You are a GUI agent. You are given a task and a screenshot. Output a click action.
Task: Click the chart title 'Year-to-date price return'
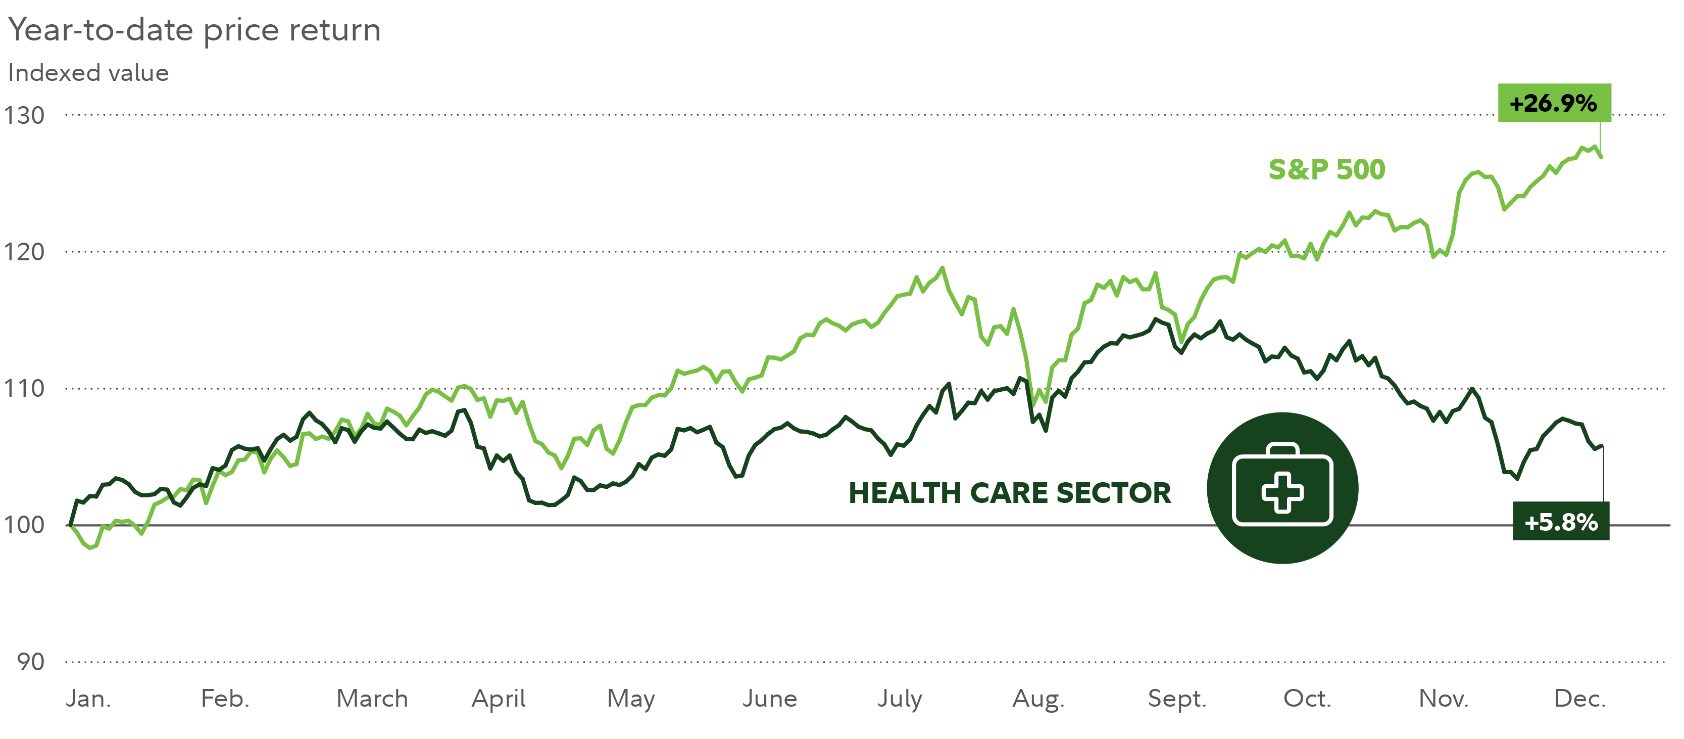pyautogui.click(x=194, y=30)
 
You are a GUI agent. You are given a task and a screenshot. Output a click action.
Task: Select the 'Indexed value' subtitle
pyautogui.click(x=88, y=73)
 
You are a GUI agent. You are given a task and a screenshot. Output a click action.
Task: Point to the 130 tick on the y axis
pyautogui.click(x=24, y=116)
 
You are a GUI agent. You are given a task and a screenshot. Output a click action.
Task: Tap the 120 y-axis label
pyautogui.click(x=24, y=252)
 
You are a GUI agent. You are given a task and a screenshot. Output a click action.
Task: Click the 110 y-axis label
pyautogui.click(x=24, y=389)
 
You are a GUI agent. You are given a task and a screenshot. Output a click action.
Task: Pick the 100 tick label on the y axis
pyautogui.click(x=24, y=525)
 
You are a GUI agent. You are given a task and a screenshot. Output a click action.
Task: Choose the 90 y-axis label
pyautogui.click(x=31, y=662)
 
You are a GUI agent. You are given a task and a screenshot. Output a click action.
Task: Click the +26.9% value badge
pyautogui.click(x=1553, y=103)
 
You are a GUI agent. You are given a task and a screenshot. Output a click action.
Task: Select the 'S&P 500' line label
pyautogui.click(x=1326, y=170)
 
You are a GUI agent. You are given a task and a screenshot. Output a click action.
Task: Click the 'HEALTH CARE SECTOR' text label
pyautogui.click(x=1009, y=493)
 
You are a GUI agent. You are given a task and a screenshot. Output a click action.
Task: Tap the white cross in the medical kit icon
pyautogui.click(x=1282, y=492)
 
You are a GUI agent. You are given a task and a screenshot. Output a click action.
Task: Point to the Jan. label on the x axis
pyautogui.click(x=88, y=699)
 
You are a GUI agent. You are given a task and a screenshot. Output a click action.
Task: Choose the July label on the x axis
pyautogui.click(x=900, y=699)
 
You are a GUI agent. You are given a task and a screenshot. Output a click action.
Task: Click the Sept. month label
pyautogui.click(x=1177, y=699)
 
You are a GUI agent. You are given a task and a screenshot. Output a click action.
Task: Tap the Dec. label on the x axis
pyautogui.click(x=1579, y=699)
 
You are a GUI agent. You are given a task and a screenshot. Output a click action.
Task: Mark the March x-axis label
pyautogui.click(x=372, y=699)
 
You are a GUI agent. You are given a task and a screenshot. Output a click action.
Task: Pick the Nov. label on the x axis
pyautogui.click(x=1444, y=699)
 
